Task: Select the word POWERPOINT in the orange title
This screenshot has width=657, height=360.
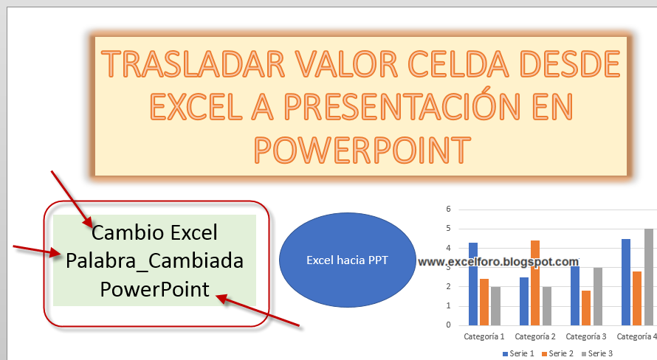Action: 362,150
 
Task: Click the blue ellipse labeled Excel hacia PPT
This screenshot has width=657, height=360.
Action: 348,260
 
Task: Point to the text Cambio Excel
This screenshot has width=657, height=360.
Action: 154,232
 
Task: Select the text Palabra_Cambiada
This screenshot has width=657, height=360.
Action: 154,261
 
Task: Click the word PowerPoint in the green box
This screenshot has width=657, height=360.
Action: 154,289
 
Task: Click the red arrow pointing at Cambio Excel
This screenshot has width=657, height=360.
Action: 72,199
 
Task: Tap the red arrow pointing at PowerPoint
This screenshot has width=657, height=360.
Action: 258,310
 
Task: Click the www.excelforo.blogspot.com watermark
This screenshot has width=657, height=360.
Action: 498,262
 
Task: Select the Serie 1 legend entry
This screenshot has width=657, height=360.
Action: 518,353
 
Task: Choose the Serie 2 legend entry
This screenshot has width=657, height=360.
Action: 557,353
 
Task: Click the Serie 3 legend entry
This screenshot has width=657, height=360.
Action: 597,353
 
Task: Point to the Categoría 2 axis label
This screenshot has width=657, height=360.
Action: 535,336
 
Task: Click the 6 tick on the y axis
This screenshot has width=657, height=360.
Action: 448,209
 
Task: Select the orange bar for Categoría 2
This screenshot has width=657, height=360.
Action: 535,283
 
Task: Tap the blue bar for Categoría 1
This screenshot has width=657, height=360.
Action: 473,284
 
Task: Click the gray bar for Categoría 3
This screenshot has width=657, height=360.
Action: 598,297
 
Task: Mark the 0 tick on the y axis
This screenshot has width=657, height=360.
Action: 448,325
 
